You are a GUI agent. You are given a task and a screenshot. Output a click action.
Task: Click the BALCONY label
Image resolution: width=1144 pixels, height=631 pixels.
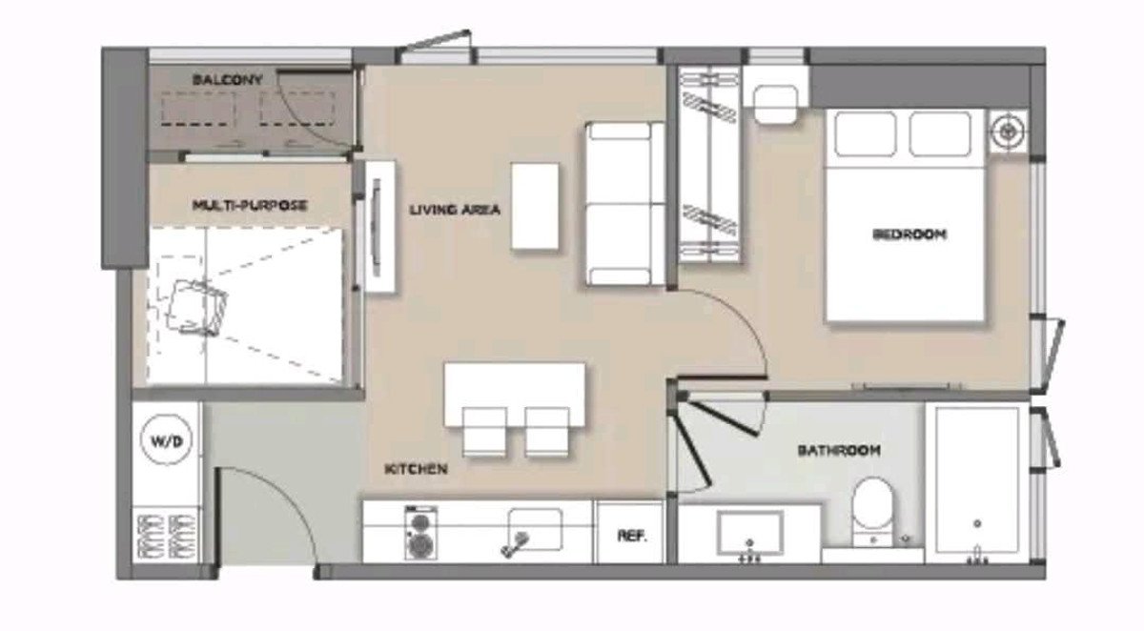(227, 80)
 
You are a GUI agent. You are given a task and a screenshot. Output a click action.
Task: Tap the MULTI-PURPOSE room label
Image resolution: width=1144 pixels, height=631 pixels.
(250, 205)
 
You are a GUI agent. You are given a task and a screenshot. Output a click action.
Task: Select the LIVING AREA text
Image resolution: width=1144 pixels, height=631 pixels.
(455, 210)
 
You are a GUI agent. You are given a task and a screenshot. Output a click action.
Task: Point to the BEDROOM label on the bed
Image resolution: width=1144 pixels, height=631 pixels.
(909, 234)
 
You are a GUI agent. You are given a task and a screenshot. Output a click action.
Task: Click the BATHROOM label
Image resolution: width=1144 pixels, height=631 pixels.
(839, 451)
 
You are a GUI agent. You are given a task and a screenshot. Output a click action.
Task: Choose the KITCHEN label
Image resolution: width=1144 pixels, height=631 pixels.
(416, 469)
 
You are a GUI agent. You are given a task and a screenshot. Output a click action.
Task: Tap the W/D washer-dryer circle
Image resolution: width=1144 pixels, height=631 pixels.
(167, 440)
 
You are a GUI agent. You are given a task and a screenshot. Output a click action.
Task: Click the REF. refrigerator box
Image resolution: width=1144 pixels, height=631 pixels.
(631, 533)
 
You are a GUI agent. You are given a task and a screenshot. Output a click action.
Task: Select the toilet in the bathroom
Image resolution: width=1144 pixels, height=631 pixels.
(873, 511)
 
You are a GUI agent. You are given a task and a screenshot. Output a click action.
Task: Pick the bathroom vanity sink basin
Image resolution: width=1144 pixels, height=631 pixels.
(749, 533)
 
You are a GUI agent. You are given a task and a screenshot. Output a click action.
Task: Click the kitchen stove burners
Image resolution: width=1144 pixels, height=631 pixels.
(420, 533)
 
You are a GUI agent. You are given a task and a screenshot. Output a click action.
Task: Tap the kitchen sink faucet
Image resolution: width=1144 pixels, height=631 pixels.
(515, 543)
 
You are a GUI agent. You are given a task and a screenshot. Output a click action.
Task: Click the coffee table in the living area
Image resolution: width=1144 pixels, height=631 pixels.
(535, 206)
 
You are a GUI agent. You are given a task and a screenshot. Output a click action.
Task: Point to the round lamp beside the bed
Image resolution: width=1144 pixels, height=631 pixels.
(1009, 132)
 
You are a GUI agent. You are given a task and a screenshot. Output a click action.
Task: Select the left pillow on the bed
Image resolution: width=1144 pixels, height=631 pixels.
(866, 134)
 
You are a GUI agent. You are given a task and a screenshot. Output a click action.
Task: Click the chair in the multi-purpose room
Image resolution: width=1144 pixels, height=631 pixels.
(196, 307)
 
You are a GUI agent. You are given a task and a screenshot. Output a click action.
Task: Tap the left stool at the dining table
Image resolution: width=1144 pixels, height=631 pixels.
(483, 432)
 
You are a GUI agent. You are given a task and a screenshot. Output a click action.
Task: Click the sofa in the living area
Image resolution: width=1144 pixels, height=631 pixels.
(625, 203)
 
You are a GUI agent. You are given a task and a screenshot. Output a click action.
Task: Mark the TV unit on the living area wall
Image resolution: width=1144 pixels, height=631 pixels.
(380, 227)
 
